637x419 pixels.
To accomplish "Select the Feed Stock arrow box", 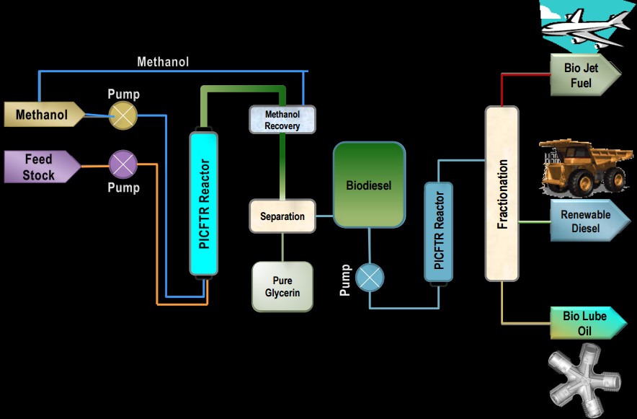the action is point(43,167).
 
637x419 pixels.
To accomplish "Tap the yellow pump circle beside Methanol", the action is point(123,115).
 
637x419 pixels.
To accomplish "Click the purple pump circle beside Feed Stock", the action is point(123,164).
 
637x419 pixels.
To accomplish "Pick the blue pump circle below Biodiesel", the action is point(370,278).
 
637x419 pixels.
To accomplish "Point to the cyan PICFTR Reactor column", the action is point(203,203).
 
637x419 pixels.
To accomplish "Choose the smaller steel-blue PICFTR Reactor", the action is point(438,232).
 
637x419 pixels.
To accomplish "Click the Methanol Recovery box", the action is point(282,120).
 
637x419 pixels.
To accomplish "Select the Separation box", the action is point(282,216).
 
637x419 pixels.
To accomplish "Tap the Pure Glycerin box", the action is point(282,286).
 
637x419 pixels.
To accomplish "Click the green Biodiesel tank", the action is point(369,185).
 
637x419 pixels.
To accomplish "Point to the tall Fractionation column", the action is point(502,193).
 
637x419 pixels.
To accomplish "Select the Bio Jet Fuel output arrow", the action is point(585,75).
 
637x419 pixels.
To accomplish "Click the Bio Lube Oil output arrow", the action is point(588,323).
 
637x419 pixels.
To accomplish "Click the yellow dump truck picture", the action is point(586,167).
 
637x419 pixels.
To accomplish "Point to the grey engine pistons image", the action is point(584,380).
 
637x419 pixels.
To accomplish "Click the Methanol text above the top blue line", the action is point(163,62).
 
